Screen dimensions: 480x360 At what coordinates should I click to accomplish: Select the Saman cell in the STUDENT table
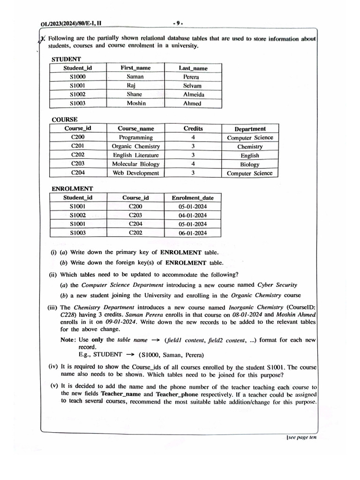pos(135,76)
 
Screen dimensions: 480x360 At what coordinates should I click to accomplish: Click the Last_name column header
pos(193,68)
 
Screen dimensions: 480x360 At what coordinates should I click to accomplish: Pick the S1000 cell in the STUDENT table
pos(78,76)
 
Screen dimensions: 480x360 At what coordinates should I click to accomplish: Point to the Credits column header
pos(193,128)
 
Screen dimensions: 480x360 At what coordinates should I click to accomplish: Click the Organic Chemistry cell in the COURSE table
pos(136,146)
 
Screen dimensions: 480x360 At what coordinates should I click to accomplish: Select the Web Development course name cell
pos(136,173)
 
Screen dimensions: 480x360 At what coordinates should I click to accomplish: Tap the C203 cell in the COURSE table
pos(78,164)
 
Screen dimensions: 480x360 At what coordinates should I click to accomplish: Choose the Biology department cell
pos(250,165)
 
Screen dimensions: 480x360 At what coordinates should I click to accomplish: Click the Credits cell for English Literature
pos(193,155)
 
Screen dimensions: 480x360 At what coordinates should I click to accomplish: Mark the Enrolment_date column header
pos(193,198)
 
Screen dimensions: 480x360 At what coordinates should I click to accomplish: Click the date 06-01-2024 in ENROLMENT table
pos(193,233)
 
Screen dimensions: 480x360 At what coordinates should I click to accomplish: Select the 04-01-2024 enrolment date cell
pos(193,215)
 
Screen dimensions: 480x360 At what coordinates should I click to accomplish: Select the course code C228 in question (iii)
pos(69,315)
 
